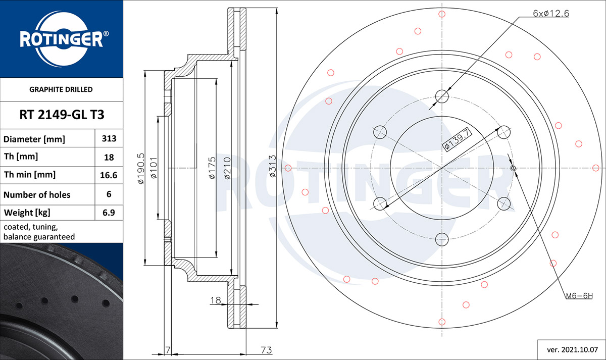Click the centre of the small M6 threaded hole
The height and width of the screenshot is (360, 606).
(x=513, y=168)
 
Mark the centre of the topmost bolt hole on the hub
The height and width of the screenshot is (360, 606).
(x=442, y=96)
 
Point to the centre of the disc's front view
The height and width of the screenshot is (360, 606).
(x=442, y=168)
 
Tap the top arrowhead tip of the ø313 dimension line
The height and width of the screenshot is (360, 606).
(x=277, y=9)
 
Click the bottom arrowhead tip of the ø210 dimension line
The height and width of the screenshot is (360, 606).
(x=231, y=275)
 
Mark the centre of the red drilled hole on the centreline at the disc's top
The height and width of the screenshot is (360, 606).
(x=442, y=14)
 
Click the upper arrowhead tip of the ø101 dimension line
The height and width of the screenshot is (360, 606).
(x=158, y=117)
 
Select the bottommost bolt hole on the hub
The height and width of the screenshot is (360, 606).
(x=442, y=239)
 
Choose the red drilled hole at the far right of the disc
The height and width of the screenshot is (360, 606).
(x=596, y=168)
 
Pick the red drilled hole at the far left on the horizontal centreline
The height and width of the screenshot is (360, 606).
(x=288, y=168)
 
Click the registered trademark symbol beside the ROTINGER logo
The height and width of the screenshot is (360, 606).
(x=106, y=33)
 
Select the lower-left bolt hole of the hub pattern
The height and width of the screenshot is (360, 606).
(x=380, y=203)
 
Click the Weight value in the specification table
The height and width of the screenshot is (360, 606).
(x=109, y=213)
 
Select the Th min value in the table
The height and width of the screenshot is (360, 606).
(x=109, y=175)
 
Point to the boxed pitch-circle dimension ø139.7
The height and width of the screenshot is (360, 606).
(x=457, y=139)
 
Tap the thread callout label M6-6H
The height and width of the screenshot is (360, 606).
(x=579, y=296)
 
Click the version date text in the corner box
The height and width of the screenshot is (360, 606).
(x=572, y=350)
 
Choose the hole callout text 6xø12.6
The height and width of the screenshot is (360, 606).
(x=551, y=13)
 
